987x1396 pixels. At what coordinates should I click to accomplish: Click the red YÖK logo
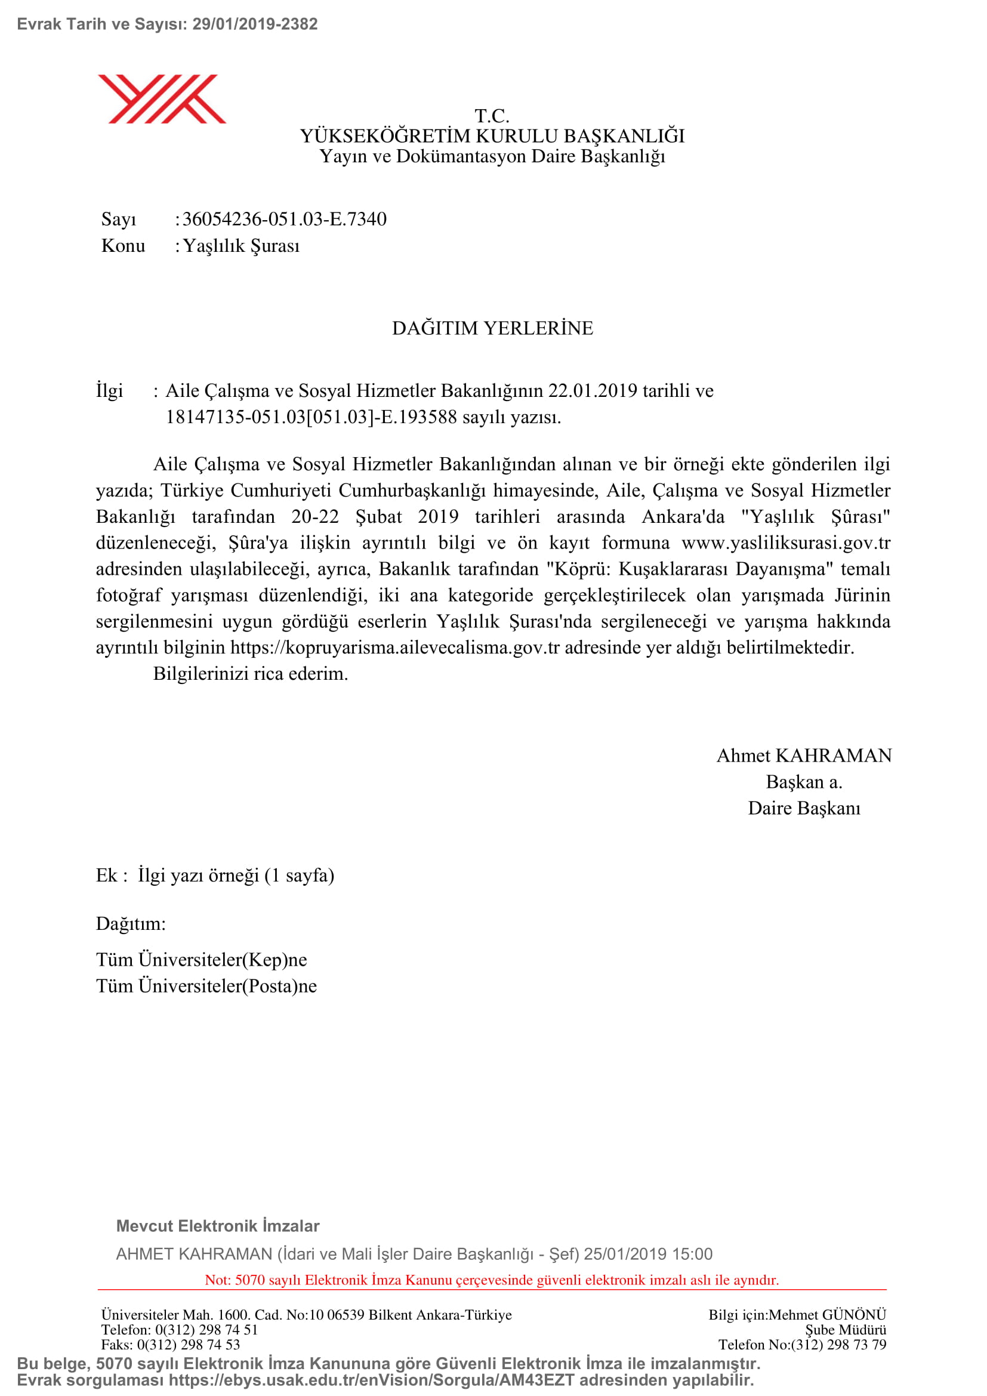(162, 98)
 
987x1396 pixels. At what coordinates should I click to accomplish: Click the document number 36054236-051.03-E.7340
(285, 219)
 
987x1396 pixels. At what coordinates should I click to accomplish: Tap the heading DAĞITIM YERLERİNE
(492, 328)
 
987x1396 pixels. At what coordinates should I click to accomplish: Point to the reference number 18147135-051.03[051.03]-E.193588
(311, 417)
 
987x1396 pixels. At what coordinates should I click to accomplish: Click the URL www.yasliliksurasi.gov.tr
(786, 543)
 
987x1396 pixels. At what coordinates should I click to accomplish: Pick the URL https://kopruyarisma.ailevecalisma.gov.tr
(394, 647)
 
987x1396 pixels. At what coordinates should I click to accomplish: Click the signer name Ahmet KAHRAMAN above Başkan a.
(803, 755)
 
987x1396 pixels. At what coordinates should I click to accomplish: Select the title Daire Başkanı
(803, 808)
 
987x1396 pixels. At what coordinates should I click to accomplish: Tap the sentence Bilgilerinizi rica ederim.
(251, 674)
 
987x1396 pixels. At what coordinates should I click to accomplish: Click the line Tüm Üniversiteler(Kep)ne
(201, 960)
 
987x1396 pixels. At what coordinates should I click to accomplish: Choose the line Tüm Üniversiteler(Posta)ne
(206, 985)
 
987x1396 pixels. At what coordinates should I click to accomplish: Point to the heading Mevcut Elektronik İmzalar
(218, 1226)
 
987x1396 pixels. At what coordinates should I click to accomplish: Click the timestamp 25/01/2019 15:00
(648, 1254)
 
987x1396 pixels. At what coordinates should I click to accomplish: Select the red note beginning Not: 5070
(492, 1280)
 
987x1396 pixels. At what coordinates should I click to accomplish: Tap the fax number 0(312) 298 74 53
(189, 1344)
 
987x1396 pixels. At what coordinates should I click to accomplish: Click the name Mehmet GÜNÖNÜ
(827, 1315)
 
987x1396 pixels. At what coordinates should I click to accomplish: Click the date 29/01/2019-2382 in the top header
(255, 24)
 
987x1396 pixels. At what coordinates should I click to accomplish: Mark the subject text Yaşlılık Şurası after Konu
(241, 246)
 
